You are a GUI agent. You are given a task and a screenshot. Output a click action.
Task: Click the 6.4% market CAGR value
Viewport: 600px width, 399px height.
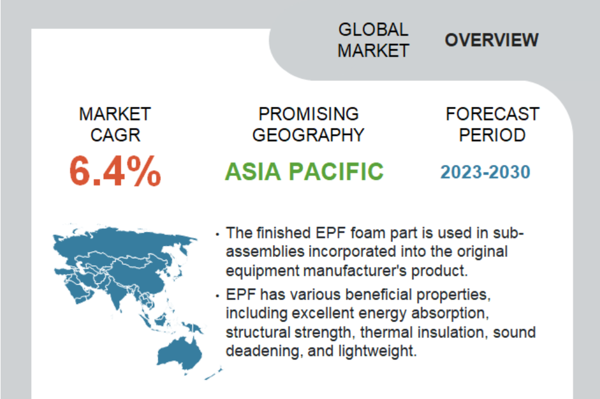tap(115, 171)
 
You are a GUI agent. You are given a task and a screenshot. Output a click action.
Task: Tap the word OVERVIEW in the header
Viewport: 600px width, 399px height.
tap(491, 40)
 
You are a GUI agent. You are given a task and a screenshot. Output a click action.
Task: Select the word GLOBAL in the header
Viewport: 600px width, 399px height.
tap(374, 29)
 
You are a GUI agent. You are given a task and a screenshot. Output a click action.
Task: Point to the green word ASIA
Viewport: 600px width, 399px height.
tap(253, 171)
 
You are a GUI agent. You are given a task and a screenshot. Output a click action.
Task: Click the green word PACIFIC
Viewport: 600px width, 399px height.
tap(336, 171)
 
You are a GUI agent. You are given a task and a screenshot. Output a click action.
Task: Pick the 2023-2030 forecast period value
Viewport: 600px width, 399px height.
tap(485, 172)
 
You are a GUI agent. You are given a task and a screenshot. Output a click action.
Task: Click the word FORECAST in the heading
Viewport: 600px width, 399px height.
tap(493, 114)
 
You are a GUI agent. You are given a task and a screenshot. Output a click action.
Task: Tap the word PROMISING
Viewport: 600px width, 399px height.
tap(309, 114)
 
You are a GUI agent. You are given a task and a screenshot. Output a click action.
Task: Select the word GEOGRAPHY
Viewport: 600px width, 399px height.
tap(309, 135)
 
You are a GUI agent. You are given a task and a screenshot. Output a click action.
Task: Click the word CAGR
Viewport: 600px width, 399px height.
tap(115, 135)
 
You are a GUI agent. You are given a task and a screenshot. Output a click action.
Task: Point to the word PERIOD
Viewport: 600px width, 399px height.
tap(493, 135)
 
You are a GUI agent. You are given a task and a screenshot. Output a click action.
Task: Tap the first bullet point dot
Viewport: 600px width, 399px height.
tap(218, 234)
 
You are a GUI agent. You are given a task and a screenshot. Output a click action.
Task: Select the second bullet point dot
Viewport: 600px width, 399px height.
tap(218, 296)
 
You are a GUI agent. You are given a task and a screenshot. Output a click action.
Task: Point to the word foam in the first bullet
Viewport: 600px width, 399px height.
tap(367, 233)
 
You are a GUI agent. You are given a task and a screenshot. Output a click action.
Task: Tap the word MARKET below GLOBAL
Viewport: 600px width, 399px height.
tap(374, 50)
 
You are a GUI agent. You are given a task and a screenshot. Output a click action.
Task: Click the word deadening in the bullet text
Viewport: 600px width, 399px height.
tap(263, 351)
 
